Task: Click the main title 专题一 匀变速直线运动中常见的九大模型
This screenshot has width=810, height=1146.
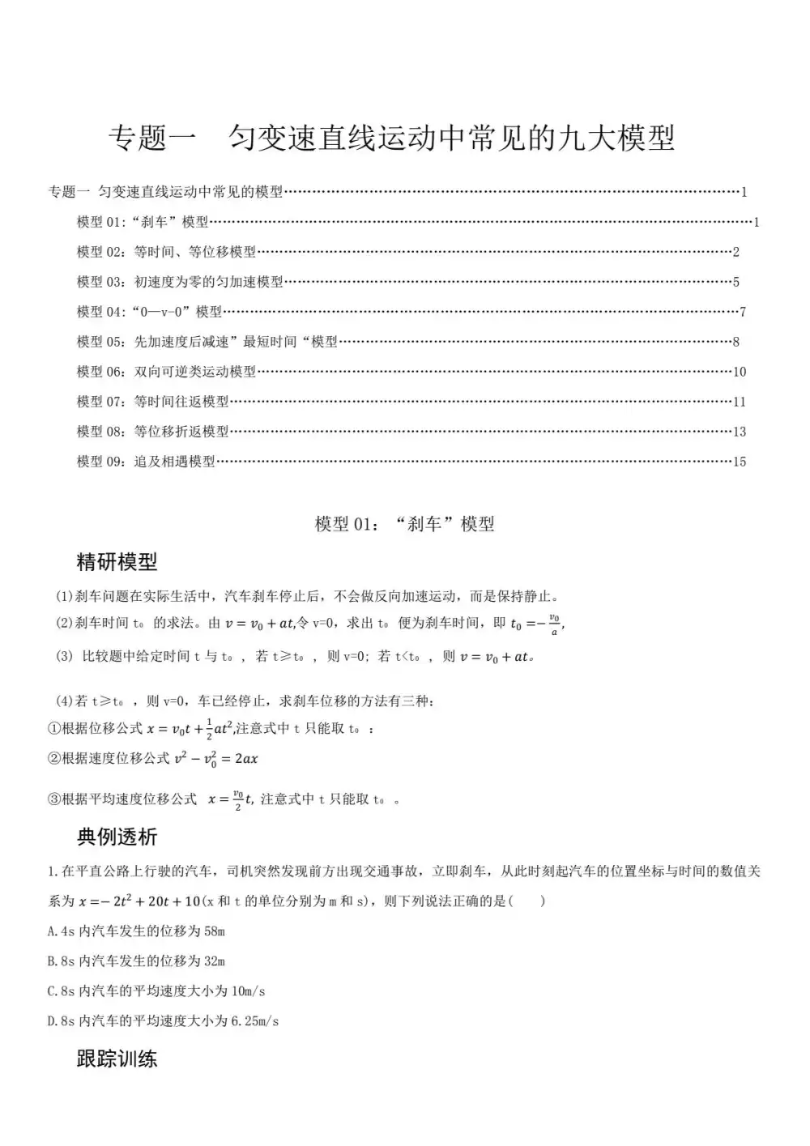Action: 392,138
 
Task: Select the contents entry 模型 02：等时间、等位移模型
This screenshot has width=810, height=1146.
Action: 166,252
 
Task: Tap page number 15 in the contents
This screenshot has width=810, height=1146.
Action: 739,462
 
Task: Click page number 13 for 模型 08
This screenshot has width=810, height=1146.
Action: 739,432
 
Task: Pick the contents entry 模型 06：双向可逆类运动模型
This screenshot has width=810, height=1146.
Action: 166,372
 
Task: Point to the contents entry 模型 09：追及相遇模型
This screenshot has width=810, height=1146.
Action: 146,462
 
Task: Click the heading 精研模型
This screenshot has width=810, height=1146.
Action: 117,561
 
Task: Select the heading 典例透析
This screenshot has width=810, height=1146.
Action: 117,837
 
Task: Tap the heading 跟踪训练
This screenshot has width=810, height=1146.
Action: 117,1059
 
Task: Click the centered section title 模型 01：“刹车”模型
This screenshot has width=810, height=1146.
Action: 404,524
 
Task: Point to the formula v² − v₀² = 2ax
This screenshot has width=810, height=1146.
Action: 216,759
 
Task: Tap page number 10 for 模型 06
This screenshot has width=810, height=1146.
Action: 739,372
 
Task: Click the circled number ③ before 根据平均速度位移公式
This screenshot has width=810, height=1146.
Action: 54,799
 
